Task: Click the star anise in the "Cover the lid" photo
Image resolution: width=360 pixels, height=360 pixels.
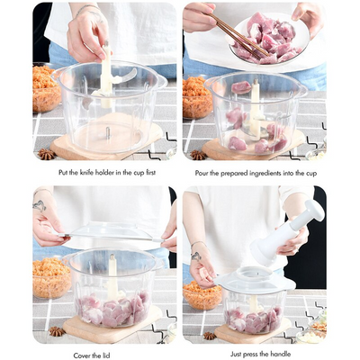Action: click(56, 331)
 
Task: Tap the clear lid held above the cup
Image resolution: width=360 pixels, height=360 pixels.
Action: click(108, 236)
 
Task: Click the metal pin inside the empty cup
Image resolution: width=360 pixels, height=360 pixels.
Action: click(107, 132)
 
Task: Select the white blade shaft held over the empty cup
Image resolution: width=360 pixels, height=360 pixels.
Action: click(106, 72)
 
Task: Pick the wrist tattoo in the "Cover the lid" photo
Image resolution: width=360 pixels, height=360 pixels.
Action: click(40, 205)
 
